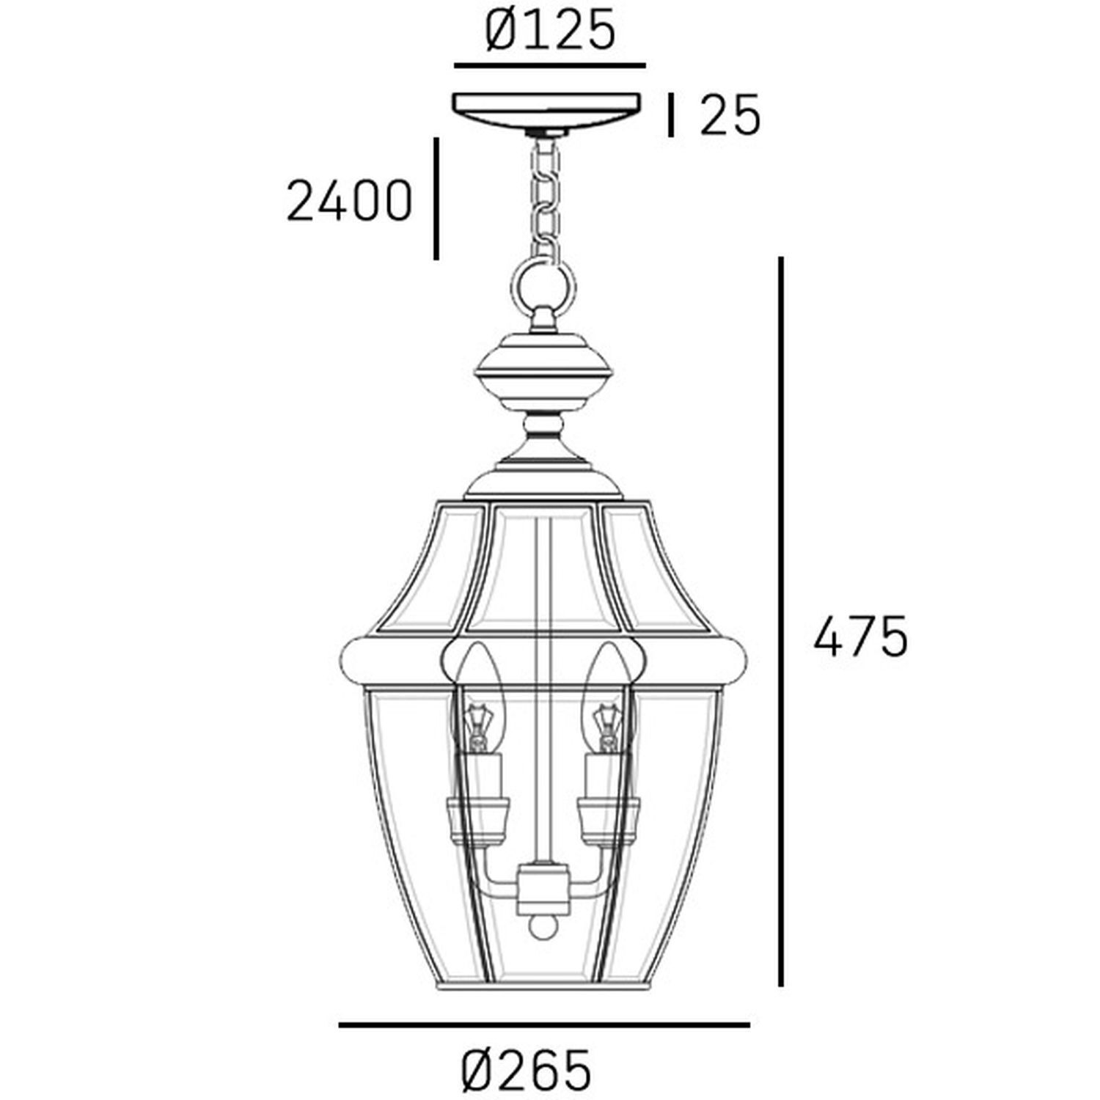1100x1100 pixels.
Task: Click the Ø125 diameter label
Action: (x=550, y=32)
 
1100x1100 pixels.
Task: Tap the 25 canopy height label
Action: (x=730, y=114)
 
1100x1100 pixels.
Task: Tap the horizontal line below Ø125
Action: (x=550, y=66)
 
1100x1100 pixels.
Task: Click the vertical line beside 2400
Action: (x=436, y=198)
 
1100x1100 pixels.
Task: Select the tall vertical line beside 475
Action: (x=782, y=622)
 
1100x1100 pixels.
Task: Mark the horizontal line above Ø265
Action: (x=544, y=1024)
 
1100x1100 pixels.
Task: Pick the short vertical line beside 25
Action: (x=670, y=116)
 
